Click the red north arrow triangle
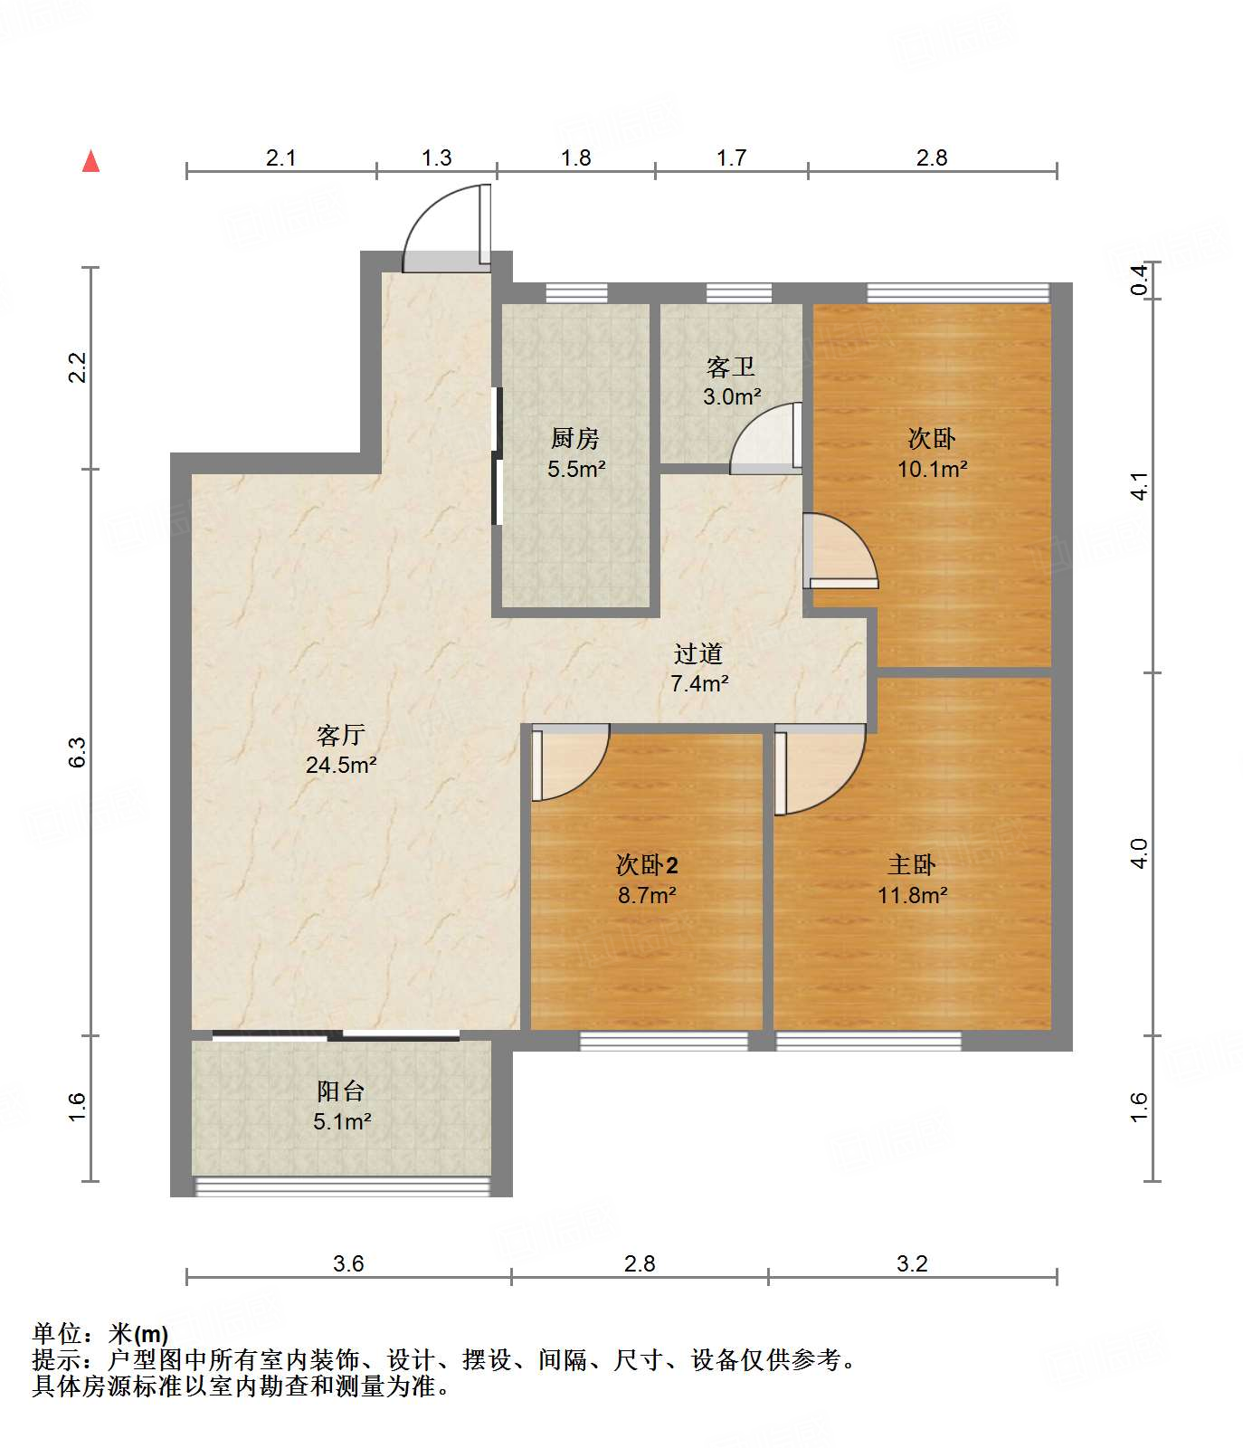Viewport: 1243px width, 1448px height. coord(90,161)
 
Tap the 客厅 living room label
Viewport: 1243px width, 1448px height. coord(340,735)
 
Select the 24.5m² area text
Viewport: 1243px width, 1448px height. coord(341,765)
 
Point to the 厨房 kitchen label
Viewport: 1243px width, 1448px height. coord(575,439)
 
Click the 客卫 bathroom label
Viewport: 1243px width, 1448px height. coord(731,367)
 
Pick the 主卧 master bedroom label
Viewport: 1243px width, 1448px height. coord(912,865)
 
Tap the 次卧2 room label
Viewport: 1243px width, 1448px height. coord(647,865)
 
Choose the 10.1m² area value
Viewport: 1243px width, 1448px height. coord(933,469)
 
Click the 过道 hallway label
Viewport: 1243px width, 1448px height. coord(698,653)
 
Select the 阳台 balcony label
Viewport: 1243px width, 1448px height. coord(341,1091)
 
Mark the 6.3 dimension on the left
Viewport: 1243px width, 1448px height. coord(78,752)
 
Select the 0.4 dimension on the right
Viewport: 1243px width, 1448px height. coord(1141,280)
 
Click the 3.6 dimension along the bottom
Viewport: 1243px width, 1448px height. coord(348,1263)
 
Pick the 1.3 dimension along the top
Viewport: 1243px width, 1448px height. coord(436,157)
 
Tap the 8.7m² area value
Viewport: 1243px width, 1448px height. coord(648,895)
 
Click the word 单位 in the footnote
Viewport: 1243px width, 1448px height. coord(57,1333)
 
